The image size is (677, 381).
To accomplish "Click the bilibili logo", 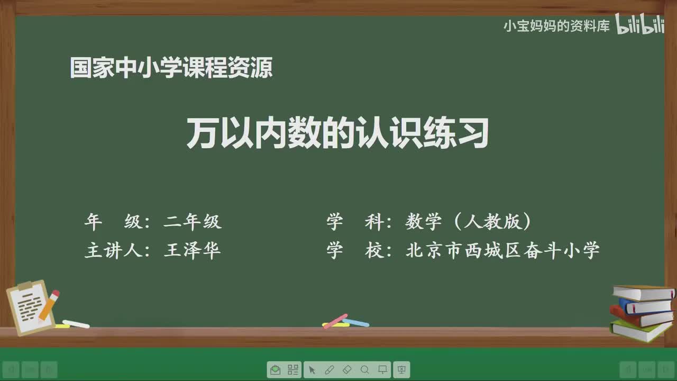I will coord(639,25).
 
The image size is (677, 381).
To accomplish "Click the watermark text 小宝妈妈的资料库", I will coord(556,26).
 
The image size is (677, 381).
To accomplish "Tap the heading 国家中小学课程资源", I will coord(171,68).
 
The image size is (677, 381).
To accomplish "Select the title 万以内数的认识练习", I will coord(337,133).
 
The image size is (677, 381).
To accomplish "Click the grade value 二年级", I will coord(193,222).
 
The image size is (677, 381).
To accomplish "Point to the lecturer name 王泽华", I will coord(193,250).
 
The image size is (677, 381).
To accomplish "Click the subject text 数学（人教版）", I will coord(469,222).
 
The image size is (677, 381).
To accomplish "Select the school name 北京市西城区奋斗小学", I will coord(502,250).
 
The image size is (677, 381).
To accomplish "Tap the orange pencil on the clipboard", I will coord(49,304).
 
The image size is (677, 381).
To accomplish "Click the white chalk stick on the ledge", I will coord(76,324).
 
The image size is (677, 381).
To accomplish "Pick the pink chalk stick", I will coord(335,321).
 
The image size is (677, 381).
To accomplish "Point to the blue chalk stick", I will coord(356,322).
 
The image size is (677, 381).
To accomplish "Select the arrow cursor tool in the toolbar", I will coord(312,370).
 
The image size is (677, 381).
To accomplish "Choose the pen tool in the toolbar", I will coord(329,370).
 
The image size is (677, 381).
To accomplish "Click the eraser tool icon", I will coord(347,370).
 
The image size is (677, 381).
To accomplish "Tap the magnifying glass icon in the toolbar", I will coord(365,370).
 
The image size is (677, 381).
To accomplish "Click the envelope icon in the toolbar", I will coord(275,370).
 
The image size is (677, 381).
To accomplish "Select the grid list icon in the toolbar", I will coord(293,370).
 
